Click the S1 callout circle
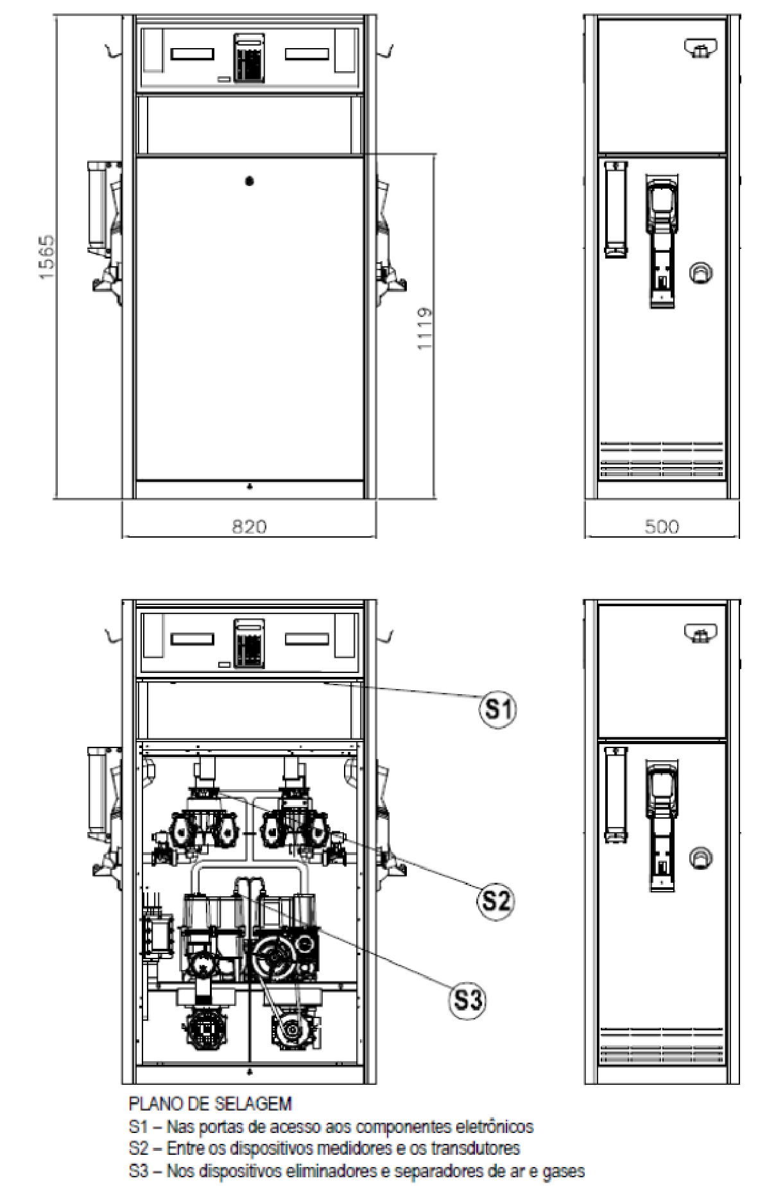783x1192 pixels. pyautogui.click(x=499, y=708)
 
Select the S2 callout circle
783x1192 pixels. pyautogui.click(x=496, y=901)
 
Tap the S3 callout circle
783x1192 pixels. pyautogui.click(x=467, y=1000)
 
